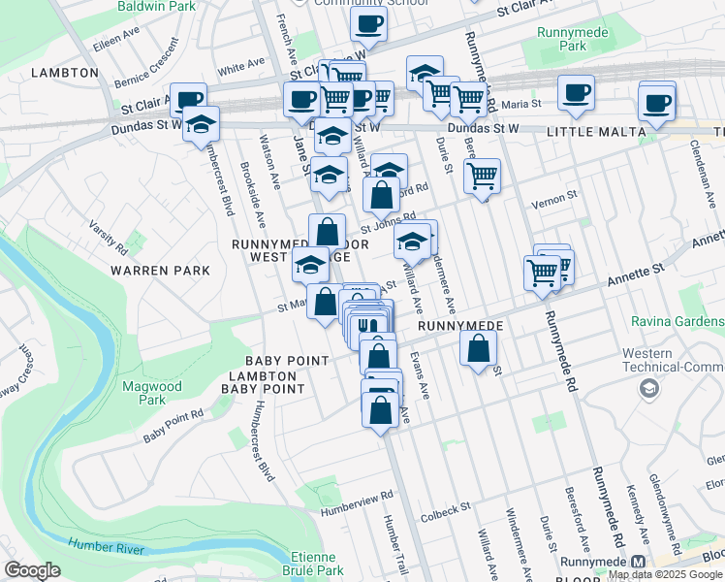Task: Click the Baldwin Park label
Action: click(150, 6)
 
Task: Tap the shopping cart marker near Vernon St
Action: click(482, 177)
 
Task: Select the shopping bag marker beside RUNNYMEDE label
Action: click(478, 348)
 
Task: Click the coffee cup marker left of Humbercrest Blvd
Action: click(188, 99)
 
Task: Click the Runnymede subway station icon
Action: click(638, 563)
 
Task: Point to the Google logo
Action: click(32, 570)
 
